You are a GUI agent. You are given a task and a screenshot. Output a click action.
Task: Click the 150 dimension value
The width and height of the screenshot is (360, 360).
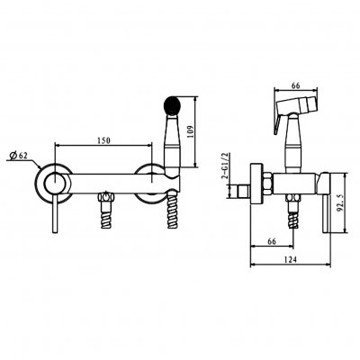(103, 140)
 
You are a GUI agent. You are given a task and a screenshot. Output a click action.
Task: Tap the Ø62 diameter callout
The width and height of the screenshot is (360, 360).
(18, 156)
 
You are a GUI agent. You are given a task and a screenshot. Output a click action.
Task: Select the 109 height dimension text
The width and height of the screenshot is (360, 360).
(190, 131)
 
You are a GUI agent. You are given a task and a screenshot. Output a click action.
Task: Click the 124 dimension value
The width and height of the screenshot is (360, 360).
(291, 259)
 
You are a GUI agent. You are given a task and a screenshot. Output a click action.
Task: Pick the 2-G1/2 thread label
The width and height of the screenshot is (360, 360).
(225, 166)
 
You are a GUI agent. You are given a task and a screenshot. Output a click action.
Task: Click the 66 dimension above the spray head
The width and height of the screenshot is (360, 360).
(296, 85)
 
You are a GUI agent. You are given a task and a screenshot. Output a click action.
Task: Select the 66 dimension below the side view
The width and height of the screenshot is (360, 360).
(272, 241)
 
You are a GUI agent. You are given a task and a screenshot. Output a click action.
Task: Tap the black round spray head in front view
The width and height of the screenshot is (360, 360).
(172, 105)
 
